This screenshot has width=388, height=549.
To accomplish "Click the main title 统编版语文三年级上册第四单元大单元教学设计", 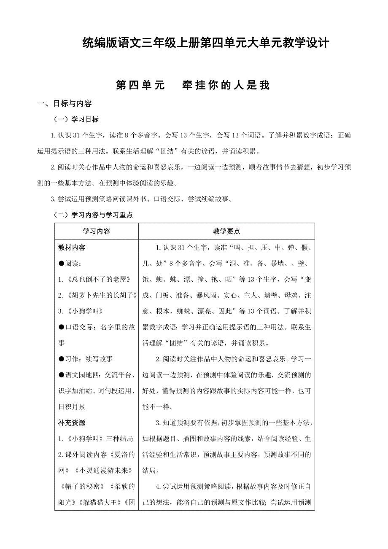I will pyautogui.click(x=205, y=43).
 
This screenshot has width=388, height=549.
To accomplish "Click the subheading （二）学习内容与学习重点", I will pyautogui.click(x=92, y=215).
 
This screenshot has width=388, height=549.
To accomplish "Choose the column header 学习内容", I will pyautogui.click(x=96, y=231).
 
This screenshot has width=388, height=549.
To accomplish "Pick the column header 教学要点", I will pyautogui.click(x=226, y=231).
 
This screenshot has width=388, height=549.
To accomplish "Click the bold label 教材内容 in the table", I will pyautogui.click(x=72, y=248).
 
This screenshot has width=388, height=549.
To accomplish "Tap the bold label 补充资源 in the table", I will pyautogui.click(x=72, y=423).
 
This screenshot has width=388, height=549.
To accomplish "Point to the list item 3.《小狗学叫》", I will pyautogui.click(x=81, y=311).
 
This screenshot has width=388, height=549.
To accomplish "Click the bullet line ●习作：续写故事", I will pyautogui.click(x=86, y=359).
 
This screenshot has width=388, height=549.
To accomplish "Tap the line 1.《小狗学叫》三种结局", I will pyautogui.click(x=96, y=439).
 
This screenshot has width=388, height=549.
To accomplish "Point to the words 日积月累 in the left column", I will pyautogui.click(x=72, y=406).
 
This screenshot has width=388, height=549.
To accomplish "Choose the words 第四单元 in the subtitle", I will pyautogui.click(x=140, y=85).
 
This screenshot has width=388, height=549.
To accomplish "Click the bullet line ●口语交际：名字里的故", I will pyautogui.click(x=97, y=327).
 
